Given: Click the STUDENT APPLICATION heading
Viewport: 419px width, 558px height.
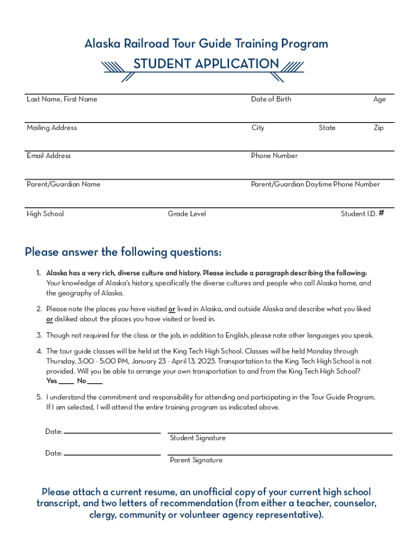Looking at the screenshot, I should coord(206,64).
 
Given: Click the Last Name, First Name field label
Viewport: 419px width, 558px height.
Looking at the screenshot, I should coord(62,99).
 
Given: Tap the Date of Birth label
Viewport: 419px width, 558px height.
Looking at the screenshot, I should coord(271,99).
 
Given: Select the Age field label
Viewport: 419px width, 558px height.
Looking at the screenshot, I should coord(379,100).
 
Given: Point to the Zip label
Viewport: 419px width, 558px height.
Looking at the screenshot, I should coord(378,128).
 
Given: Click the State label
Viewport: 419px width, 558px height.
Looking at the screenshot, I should coord(327,128).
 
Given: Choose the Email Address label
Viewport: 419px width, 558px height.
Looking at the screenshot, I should coord(48,156).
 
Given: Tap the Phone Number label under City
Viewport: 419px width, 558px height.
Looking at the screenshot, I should coord(274,156).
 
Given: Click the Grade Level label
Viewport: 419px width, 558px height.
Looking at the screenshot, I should coord(187,214).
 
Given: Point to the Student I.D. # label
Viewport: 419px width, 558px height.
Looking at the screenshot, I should coord(362,214).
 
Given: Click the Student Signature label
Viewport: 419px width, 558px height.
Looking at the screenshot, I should coord(198,438).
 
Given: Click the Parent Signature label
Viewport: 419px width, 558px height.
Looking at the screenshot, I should coord(196,460).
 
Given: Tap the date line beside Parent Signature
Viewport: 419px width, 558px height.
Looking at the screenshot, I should coord(112,454).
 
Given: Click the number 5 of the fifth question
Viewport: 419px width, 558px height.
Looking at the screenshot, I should coord(39,397).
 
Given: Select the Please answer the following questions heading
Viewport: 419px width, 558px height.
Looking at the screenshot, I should coord(123,252).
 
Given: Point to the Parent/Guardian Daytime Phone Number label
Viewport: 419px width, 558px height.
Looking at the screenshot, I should coord(315,184).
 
